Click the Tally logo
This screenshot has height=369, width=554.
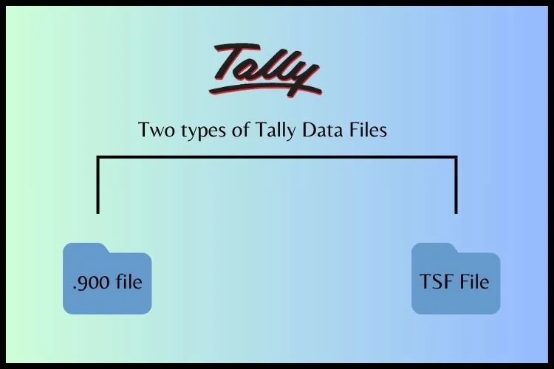(x=265, y=70)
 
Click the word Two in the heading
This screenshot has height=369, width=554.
(x=157, y=129)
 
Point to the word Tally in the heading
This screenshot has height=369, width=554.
(x=275, y=131)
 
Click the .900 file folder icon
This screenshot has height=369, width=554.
(x=107, y=279)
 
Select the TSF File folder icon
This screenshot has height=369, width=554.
(x=456, y=279)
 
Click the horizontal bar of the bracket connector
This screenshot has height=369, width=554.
(x=277, y=156)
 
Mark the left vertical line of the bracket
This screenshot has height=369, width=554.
(x=98, y=184)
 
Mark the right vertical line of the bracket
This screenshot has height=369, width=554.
(x=456, y=184)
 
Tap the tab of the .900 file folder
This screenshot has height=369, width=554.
(x=86, y=248)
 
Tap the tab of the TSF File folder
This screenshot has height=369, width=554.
(x=435, y=248)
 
